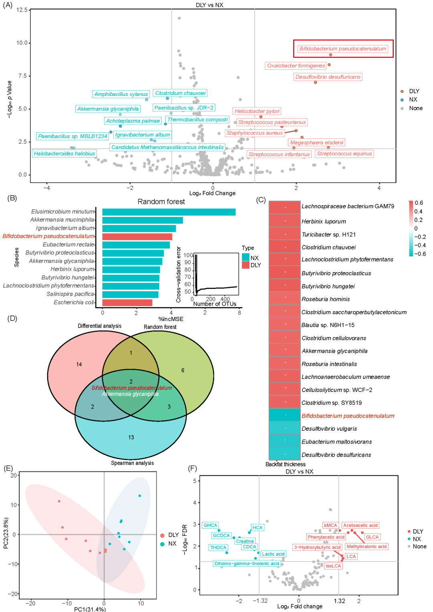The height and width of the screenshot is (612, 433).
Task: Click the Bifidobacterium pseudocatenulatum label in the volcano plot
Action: (343, 49)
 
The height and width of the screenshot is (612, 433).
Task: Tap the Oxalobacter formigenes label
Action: (296, 66)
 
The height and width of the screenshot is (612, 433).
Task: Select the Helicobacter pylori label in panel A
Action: (257, 111)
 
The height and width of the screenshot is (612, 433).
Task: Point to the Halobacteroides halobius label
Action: (64, 154)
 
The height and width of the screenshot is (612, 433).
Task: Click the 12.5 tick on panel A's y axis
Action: (22, 10)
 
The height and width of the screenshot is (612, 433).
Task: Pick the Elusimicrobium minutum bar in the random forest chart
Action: (169, 212)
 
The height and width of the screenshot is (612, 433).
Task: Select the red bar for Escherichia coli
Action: (127, 303)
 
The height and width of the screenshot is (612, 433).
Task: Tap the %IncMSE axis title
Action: (171, 319)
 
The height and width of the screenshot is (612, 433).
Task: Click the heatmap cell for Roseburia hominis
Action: (285, 299)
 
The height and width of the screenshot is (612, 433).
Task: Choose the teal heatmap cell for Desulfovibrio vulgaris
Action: (285, 428)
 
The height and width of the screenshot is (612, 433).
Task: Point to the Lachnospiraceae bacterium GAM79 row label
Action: (348, 206)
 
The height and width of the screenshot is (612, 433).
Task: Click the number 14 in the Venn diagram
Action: (79, 364)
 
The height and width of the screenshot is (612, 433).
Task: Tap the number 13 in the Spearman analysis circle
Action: (131, 437)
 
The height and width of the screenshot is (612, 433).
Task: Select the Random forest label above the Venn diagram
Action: (160, 327)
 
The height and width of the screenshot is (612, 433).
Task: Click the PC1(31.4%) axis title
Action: (90, 609)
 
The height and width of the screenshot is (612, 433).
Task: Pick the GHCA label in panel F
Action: (210, 525)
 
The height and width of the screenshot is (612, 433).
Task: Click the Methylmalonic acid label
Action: (366, 547)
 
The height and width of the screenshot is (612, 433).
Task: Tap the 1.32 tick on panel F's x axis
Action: (339, 601)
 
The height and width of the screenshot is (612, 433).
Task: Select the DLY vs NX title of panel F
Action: (299, 471)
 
